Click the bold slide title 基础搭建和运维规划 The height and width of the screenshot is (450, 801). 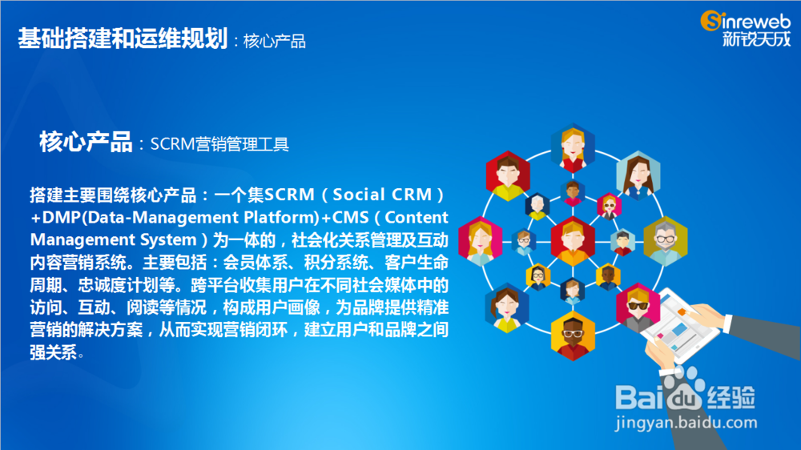(123, 38)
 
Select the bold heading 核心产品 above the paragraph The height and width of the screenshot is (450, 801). (86, 143)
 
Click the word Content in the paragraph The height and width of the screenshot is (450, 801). (412, 217)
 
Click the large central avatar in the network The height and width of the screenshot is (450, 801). (573, 238)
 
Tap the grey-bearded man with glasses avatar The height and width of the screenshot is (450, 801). (665, 239)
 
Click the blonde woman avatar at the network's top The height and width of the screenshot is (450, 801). (573, 147)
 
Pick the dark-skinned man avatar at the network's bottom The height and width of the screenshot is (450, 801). (573, 335)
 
